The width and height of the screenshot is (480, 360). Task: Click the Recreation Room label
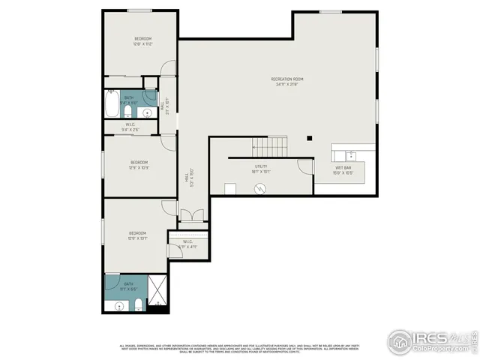click(x=287, y=82)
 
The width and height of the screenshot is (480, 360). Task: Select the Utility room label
click(x=260, y=169)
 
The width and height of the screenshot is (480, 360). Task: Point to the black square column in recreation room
click(x=309, y=137)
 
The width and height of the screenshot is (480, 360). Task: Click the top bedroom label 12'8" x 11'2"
click(x=143, y=41)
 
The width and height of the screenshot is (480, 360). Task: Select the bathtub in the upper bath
click(x=112, y=103)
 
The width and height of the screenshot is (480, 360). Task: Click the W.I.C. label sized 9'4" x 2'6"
click(x=130, y=127)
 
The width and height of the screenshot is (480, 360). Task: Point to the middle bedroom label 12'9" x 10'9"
click(x=139, y=165)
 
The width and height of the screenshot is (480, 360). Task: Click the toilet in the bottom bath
click(x=139, y=304)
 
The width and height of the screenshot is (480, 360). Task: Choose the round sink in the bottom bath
click(x=118, y=306)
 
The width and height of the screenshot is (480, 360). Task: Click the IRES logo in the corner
click(x=432, y=341)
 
